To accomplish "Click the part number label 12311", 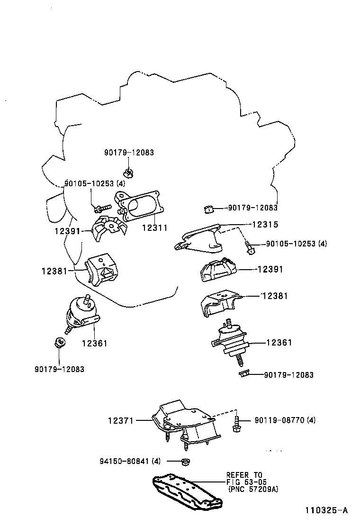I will click(154, 227).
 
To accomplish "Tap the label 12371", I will click(121, 420).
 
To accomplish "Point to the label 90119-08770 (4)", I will click(285, 420).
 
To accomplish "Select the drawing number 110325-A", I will click(326, 510).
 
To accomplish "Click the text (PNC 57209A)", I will click(252, 489).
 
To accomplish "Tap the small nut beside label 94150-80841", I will click(186, 461).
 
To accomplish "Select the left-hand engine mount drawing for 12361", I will click(81, 314).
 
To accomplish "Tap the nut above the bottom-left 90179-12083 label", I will click(59, 342).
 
